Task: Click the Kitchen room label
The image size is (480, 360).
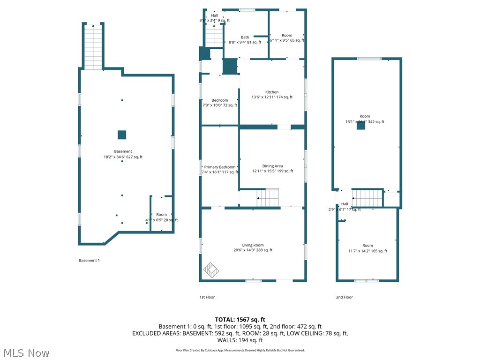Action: click(272, 92)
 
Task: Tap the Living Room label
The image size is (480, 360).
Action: click(253, 245)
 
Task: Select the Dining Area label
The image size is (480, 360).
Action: click(272, 166)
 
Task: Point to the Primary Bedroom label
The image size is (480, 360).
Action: click(219, 167)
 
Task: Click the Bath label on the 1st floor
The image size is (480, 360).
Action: click(245, 37)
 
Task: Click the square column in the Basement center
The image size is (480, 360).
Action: click(122, 135)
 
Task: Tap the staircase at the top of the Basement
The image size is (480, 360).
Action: click(93, 47)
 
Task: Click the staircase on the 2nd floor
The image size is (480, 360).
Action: click(367, 198)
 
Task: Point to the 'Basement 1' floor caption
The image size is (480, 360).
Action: click(89, 261)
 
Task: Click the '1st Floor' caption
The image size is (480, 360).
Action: click(207, 297)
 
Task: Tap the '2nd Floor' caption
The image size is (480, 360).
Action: click(344, 297)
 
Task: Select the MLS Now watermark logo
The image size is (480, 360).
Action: click(25, 352)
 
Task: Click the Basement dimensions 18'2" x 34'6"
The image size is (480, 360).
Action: click(123, 157)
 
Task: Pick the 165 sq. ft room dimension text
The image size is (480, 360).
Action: click(367, 251)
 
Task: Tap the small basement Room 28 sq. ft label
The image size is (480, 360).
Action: click(161, 215)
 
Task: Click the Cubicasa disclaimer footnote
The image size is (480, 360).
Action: click(240, 350)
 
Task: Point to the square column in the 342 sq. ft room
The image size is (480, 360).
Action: click(361, 126)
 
